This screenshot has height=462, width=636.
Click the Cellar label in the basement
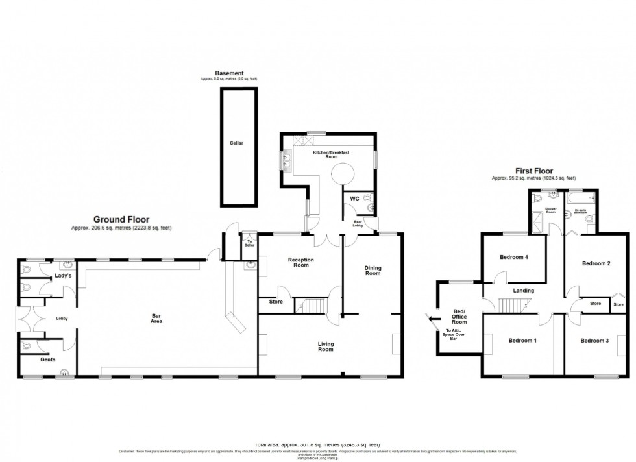point(236,143)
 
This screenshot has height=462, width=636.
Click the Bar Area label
point(154,318)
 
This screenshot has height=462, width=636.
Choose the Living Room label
point(325,346)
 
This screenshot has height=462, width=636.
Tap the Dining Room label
point(372,270)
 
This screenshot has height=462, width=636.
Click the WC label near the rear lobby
point(354,198)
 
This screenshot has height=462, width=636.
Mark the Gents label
point(47,359)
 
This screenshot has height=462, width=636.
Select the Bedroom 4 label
point(513,258)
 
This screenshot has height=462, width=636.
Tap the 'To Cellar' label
point(249,242)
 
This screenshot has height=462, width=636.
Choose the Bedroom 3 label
point(594,341)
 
